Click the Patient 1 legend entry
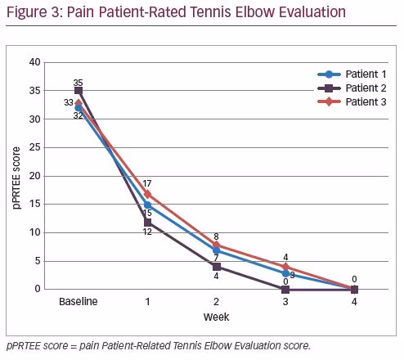pyautogui.click(x=352, y=74)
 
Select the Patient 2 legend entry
pyautogui.click(x=352, y=88)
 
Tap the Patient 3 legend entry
pyautogui.click(x=352, y=102)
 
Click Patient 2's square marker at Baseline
pyautogui.click(x=79, y=91)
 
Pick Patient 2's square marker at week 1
pyautogui.click(x=147, y=223)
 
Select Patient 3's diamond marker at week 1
pyautogui.click(x=147, y=194)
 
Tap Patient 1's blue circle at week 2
pyautogui.click(x=217, y=250)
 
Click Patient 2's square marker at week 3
pyautogui.click(x=285, y=290)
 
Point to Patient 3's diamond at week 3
pyautogui.click(x=285, y=267)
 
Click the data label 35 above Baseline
pyautogui.click(x=78, y=83)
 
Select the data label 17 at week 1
pyautogui.click(x=147, y=183)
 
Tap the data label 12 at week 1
pyautogui.click(x=147, y=232)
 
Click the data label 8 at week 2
pyautogui.click(x=216, y=236)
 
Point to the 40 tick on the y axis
pyautogui.click(x=35, y=62)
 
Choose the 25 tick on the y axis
pyautogui.click(x=35, y=147)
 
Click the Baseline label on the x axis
pyautogui.click(x=79, y=302)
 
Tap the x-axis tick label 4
pyautogui.click(x=354, y=302)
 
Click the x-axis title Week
pyautogui.click(x=217, y=317)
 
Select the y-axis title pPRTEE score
pyautogui.click(x=16, y=178)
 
